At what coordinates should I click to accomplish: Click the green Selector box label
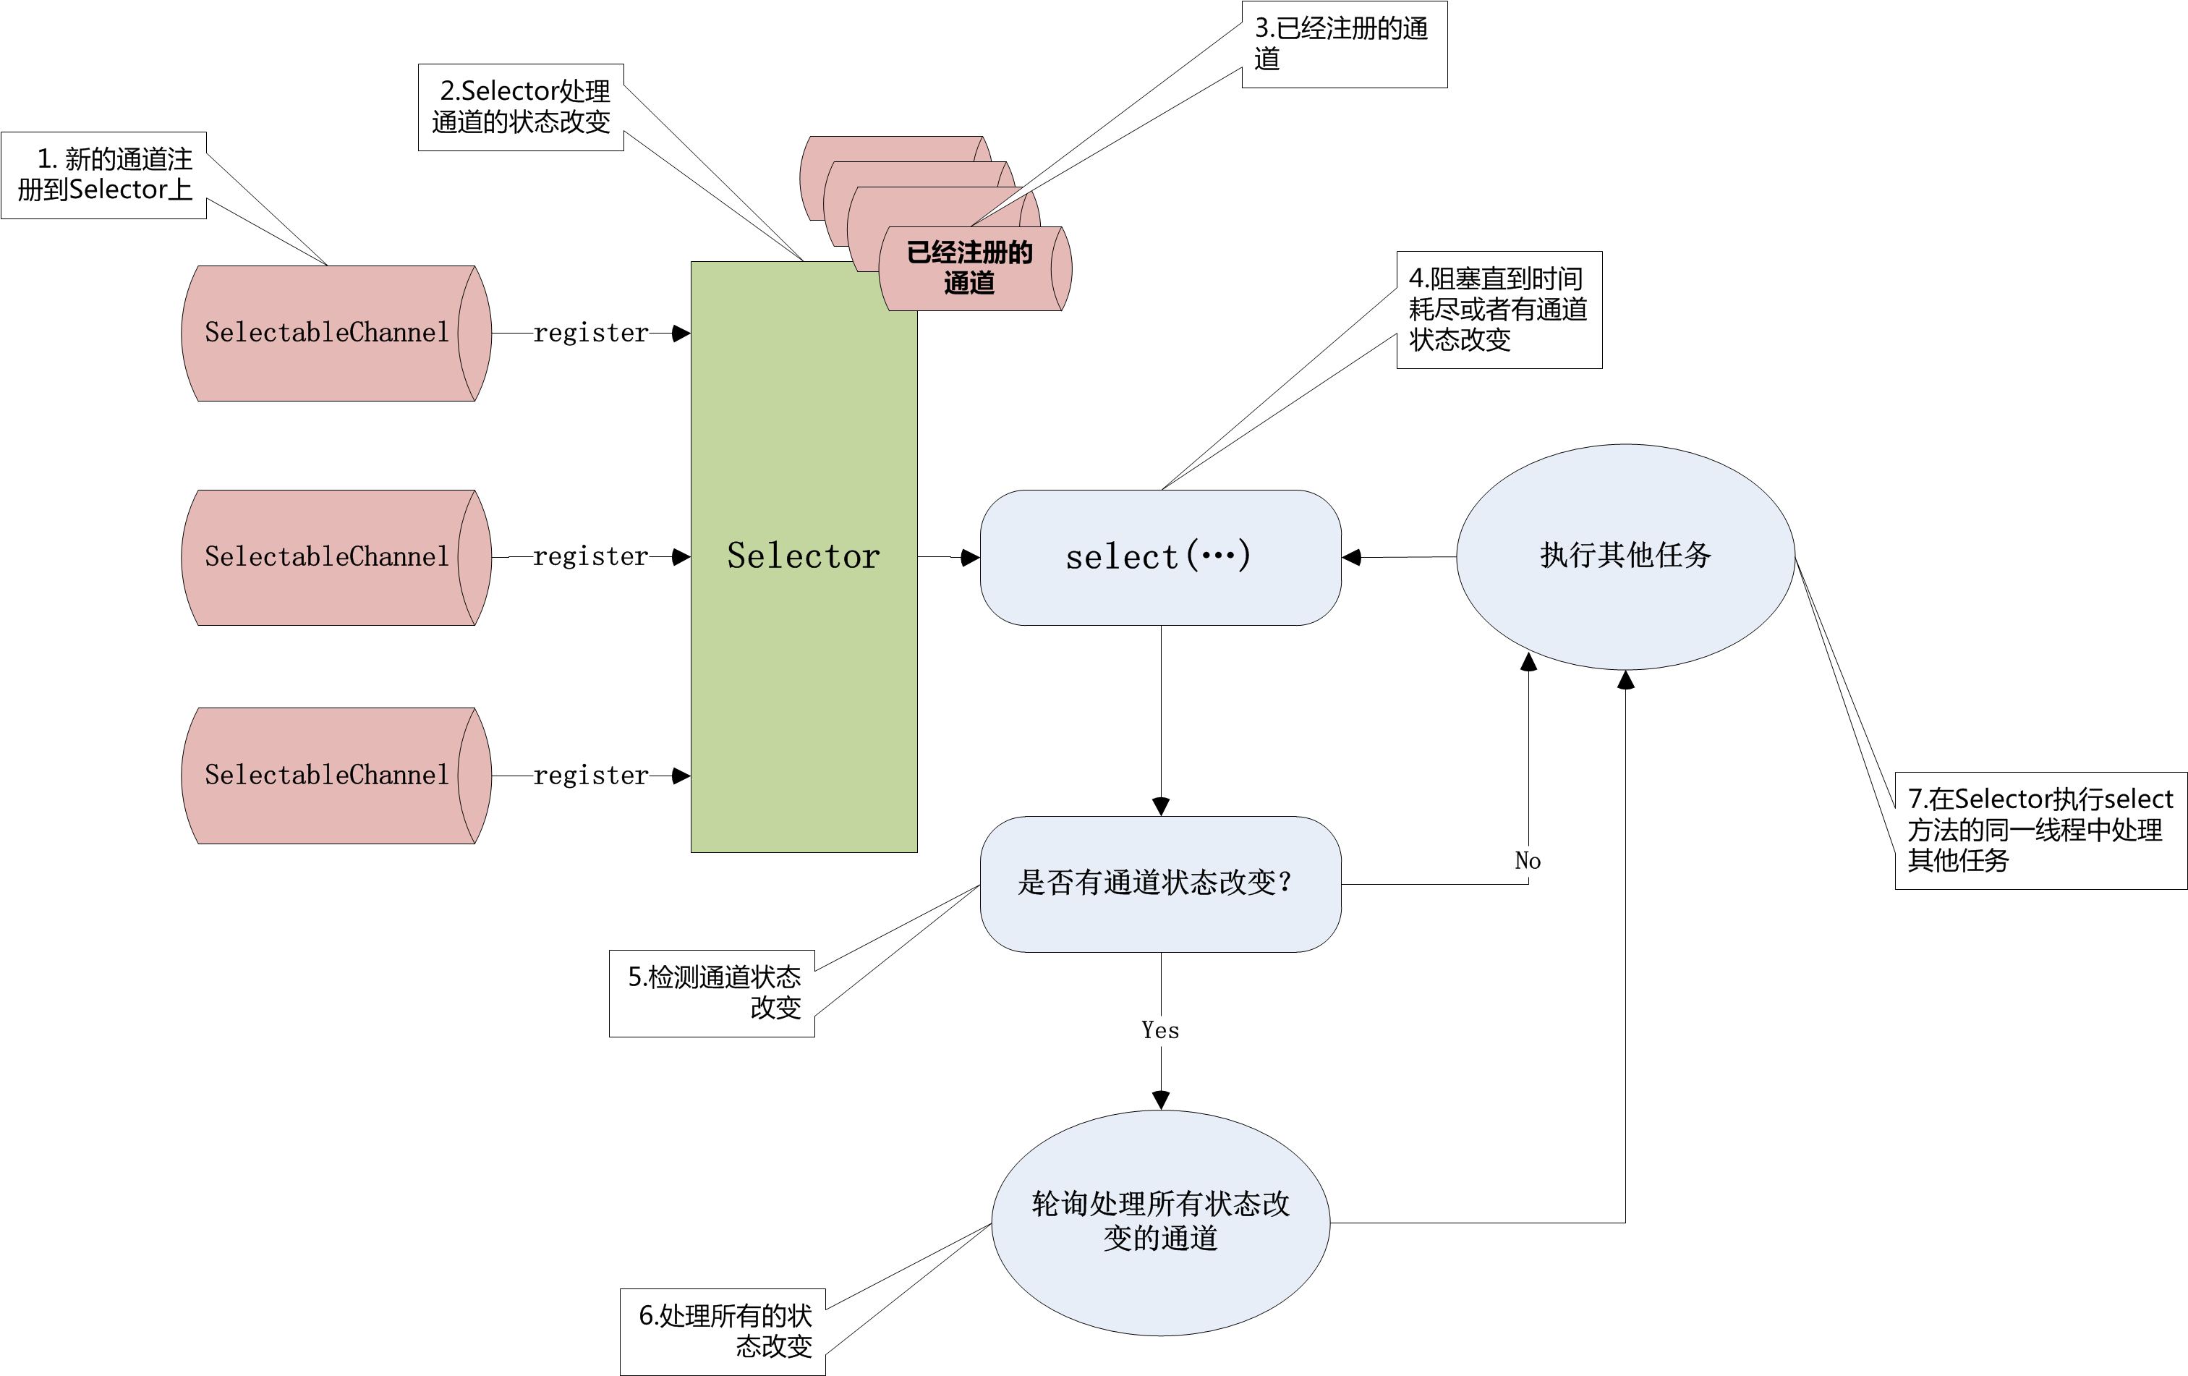tap(804, 556)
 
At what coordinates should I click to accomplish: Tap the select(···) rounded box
tap(1159, 557)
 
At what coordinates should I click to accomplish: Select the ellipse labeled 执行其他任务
tap(1625, 556)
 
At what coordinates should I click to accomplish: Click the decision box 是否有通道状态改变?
tap(1159, 883)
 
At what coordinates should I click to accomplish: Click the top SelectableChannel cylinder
tap(327, 333)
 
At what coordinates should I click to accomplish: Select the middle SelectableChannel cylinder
tap(327, 556)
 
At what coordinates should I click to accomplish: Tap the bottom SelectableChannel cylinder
tap(327, 776)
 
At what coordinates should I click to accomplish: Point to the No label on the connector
tap(1528, 861)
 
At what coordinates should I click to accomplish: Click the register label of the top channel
tap(591, 334)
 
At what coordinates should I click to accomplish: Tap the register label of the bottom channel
tap(591, 776)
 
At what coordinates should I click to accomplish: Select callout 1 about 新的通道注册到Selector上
tap(104, 174)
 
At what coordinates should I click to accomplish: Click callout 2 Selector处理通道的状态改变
tap(521, 106)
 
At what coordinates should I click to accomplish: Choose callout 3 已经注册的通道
tap(1343, 43)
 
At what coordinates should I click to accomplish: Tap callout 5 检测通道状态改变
tap(712, 992)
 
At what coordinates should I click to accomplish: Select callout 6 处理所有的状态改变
tap(723, 1330)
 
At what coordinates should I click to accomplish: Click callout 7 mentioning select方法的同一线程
tap(2039, 829)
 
